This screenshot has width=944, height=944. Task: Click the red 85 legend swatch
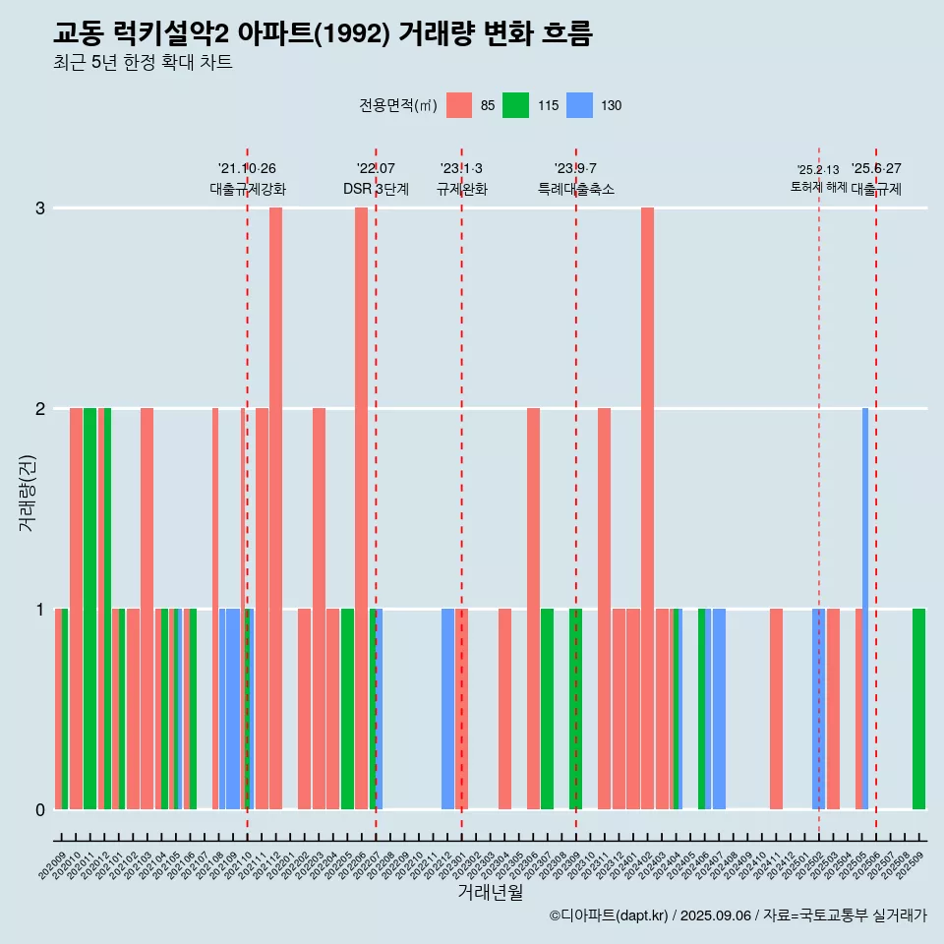459,105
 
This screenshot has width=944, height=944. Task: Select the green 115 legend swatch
515,105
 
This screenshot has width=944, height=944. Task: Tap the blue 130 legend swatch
580,105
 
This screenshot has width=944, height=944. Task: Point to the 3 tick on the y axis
40,208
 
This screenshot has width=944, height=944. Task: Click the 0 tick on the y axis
40,809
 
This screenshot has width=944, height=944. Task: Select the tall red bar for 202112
276,507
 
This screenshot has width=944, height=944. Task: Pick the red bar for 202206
361,507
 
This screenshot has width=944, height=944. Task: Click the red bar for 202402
647,507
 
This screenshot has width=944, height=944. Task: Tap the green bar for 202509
918,709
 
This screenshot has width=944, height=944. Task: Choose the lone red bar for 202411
776,709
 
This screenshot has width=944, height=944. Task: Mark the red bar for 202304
504,709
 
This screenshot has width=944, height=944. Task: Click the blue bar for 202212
447,709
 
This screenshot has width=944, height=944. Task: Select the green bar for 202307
547,709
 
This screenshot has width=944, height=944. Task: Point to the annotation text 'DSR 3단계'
376,189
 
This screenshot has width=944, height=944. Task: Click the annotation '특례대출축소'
576,189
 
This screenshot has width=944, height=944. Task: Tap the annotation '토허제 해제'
818,187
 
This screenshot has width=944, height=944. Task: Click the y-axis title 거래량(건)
27,492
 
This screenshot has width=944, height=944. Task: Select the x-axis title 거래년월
490,892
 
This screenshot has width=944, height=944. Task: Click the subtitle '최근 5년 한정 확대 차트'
143,63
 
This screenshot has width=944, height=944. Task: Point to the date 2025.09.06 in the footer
715,915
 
